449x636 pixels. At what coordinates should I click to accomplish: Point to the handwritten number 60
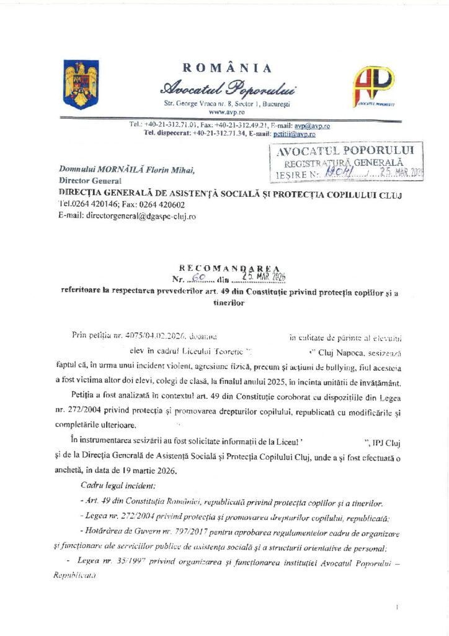pos(197,277)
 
